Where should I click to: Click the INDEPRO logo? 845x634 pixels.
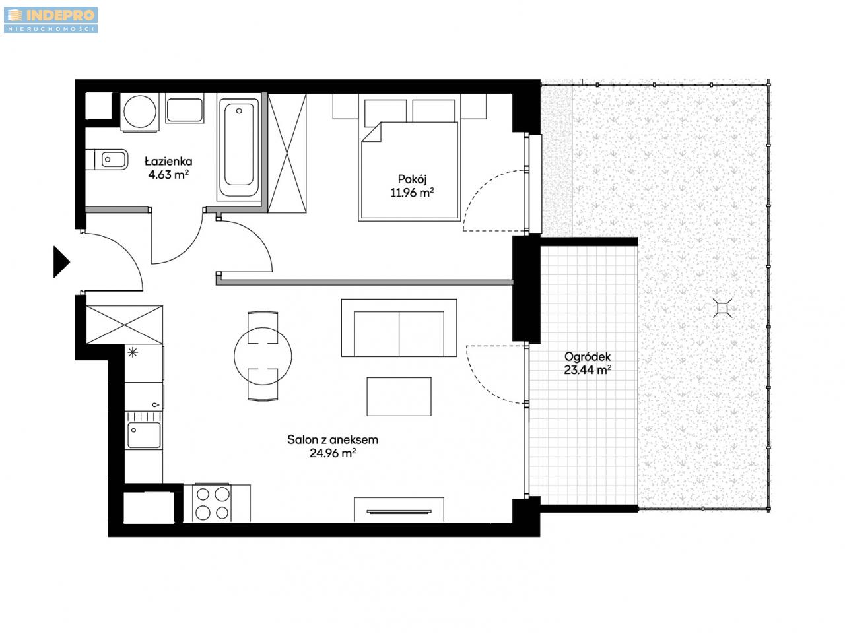pos(50,19)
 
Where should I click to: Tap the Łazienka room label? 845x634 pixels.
pos(168,161)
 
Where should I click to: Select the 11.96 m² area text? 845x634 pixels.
pos(412,193)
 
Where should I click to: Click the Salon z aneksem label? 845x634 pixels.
pos(333,440)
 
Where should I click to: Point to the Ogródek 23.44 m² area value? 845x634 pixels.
pos(588,369)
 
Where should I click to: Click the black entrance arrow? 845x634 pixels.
pos(61,262)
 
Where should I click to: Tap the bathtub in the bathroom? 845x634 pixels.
pos(239,146)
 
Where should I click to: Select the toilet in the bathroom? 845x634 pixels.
pos(107,159)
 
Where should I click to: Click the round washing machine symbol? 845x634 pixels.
pos(140,112)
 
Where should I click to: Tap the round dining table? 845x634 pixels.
pos(263,356)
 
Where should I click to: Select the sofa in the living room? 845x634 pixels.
pos(399,328)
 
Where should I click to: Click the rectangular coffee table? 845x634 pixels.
pos(399,396)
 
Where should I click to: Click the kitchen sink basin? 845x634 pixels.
pos(144,435)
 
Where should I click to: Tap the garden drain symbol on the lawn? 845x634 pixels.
pos(723,308)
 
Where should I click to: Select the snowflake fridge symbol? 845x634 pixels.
pos(133,352)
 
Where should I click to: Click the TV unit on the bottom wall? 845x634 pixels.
pos(399,510)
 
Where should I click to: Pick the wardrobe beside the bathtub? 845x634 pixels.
pos(287,153)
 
